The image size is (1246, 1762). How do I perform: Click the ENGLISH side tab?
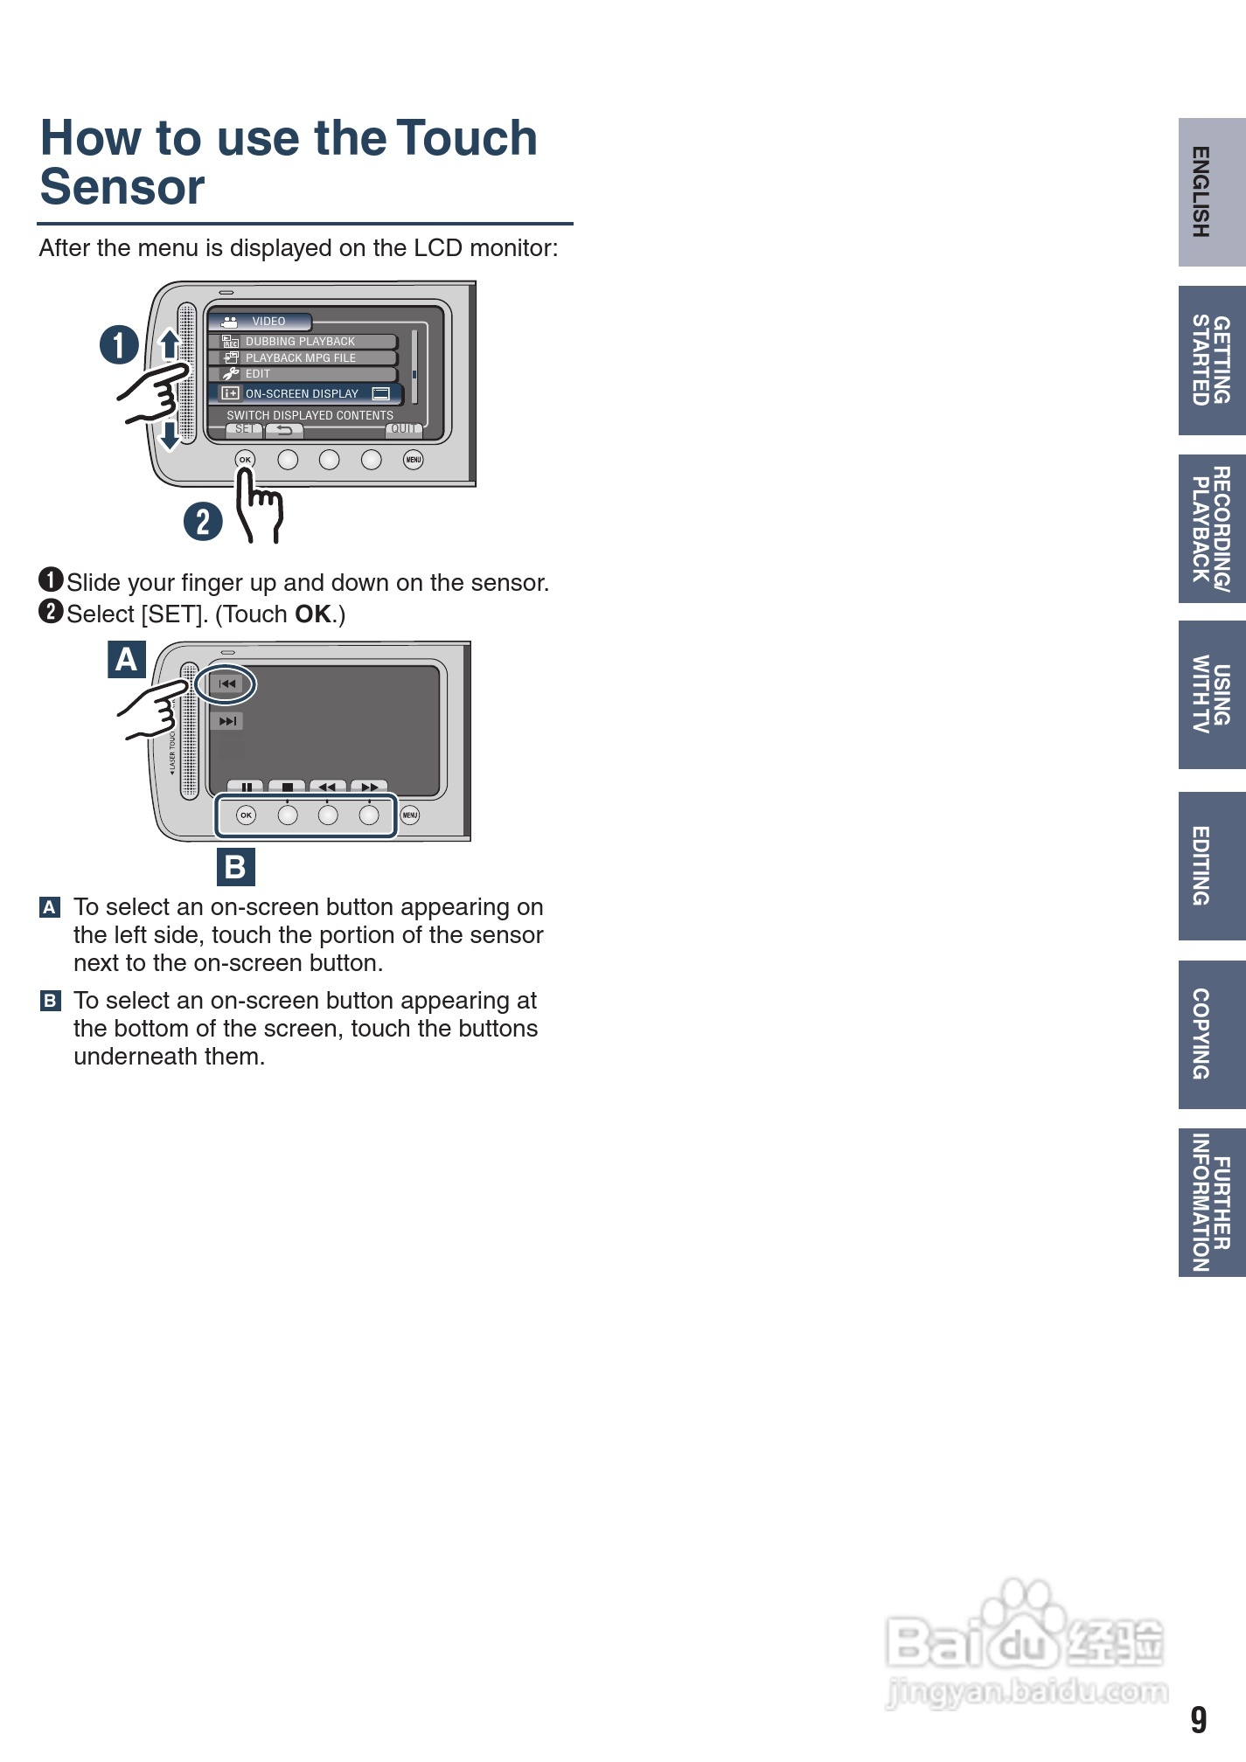click(1211, 192)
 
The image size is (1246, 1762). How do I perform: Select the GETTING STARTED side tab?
click(1211, 360)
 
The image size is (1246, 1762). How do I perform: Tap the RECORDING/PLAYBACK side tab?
click(1211, 528)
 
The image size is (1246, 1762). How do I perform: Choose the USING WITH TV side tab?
click(1211, 695)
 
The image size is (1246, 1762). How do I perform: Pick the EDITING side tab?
click(1211, 865)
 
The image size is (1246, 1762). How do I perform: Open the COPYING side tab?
click(1211, 1034)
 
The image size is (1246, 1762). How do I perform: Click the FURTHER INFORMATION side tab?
click(1211, 1202)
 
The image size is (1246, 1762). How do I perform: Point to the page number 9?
click(1198, 1720)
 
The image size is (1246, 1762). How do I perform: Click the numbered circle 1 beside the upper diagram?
click(119, 344)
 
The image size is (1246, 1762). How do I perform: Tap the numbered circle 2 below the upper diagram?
click(203, 522)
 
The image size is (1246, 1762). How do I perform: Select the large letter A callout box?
click(127, 659)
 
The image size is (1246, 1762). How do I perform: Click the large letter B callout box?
click(235, 867)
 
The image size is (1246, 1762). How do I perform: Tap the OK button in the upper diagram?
click(245, 460)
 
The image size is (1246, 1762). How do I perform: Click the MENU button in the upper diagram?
click(414, 460)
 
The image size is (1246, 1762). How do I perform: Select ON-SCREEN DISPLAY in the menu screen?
click(303, 394)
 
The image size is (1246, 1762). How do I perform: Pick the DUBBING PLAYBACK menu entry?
click(300, 342)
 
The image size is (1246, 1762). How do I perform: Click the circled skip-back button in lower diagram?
click(226, 684)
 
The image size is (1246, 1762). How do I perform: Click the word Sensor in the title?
click(122, 187)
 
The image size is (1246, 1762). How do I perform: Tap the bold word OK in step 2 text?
click(313, 614)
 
